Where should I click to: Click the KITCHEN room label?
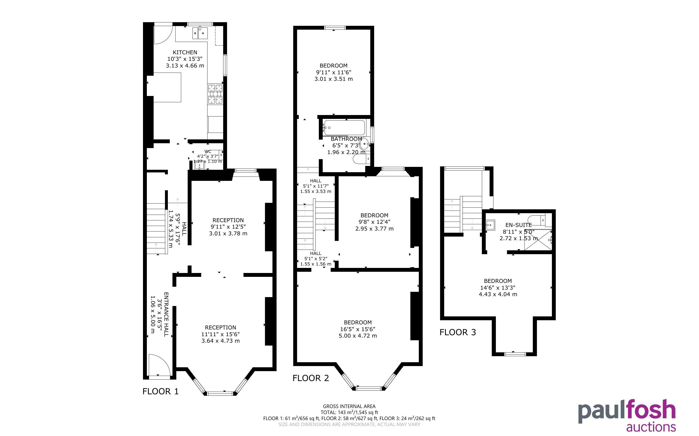point(185,52)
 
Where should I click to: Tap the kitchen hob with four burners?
point(215,94)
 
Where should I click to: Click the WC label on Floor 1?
point(207,151)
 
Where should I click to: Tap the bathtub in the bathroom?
point(344,128)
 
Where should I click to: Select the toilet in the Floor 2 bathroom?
point(362,159)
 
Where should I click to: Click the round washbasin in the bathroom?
point(364,143)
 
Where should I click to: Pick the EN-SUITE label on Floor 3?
point(519,225)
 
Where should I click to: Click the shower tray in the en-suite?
point(538,240)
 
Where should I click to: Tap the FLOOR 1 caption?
point(161,391)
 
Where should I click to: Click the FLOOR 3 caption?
point(458,332)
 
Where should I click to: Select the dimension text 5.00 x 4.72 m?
point(358,336)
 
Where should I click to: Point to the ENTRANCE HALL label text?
point(166,314)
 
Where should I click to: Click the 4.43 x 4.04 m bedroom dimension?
point(498,294)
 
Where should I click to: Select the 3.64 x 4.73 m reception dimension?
point(221,341)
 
